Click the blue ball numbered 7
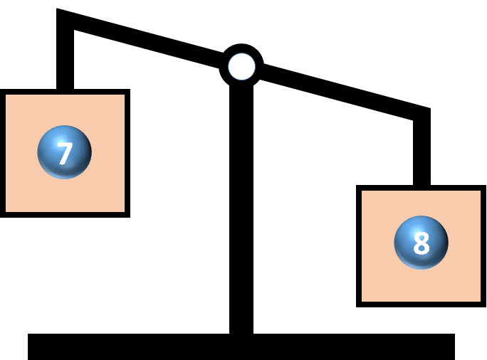tap(64, 152)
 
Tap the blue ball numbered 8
tap(421, 243)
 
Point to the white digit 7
tap(65, 153)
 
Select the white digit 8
tap(421, 243)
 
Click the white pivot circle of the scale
tap(241, 66)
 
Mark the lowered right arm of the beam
tap(342, 91)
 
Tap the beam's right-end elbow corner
tap(427, 112)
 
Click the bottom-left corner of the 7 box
tap(3, 213)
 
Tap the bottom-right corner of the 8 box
tap(483, 305)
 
